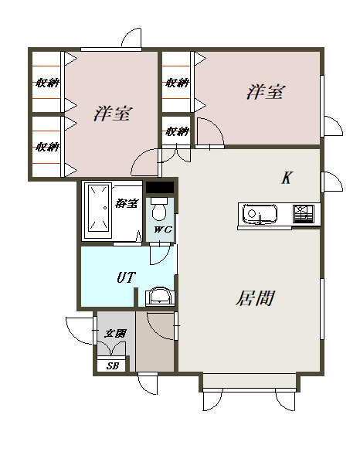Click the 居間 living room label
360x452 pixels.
click(255, 298)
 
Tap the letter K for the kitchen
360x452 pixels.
click(287, 178)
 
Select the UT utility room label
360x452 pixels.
click(126, 277)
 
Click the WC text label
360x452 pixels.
click(163, 229)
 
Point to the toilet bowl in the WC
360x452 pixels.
click(159, 209)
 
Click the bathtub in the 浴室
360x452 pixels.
click(98, 211)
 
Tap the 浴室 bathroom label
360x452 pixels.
click(127, 203)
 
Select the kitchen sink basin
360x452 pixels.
click(260, 213)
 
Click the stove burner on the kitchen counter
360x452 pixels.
click(304, 213)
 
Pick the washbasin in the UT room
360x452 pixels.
click(160, 296)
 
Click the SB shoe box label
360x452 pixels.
click(113, 365)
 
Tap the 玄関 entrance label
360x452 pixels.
click(115, 334)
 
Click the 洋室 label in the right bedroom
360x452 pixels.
click(266, 92)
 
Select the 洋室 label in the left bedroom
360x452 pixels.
click(113, 114)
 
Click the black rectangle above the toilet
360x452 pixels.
click(160, 188)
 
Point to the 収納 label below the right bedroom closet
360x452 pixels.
click(177, 131)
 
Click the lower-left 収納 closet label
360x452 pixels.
click(47, 147)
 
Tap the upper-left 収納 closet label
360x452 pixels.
click(47, 83)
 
